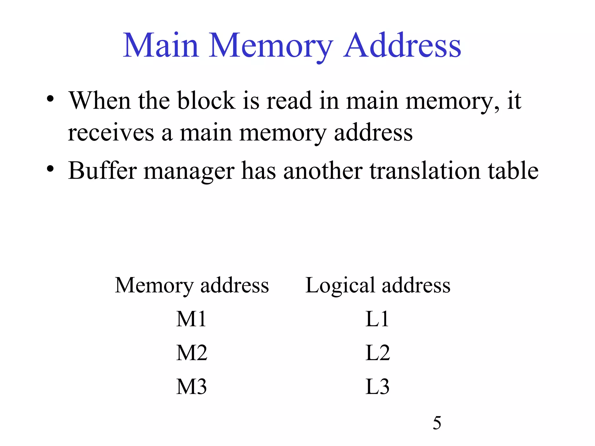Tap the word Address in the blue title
[402, 46]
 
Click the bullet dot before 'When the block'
[50, 99]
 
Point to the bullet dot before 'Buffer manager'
[50, 168]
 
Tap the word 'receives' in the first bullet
[111, 133]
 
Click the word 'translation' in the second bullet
[425, 170]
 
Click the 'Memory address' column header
[192, 285]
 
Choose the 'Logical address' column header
[378, 285]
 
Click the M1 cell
[191, 319]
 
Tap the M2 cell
[192, 353]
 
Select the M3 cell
[191, 387]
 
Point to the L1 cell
[377, 319]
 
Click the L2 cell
[377, 353]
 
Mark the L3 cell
[377, 387]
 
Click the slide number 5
[437, 423]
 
